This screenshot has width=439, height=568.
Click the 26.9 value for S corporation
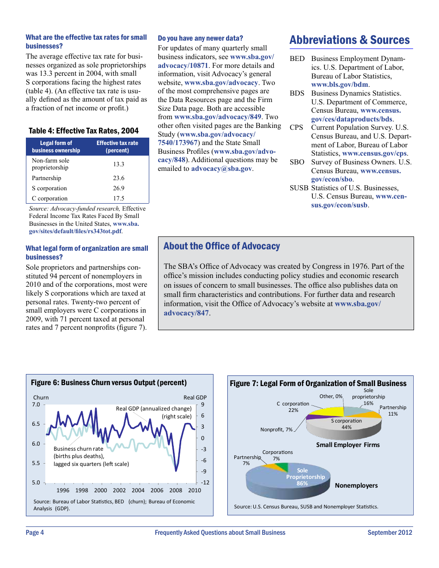point(119,188)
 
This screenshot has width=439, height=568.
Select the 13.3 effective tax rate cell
point(119,164)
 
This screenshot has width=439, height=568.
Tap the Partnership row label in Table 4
point(46,178)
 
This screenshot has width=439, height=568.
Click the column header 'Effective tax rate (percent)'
point(117,147)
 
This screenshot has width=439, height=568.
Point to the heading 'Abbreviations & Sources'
point(349,40)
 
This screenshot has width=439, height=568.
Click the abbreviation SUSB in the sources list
point(299,188)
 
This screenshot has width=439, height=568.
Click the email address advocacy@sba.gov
point(221,169)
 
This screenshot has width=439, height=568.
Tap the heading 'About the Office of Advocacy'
point(222,246)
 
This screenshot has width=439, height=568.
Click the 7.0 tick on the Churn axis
point(36,405)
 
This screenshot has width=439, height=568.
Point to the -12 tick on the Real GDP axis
point(205,483)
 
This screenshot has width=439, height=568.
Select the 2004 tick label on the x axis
point(138,490)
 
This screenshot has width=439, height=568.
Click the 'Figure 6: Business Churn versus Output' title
point(109,383)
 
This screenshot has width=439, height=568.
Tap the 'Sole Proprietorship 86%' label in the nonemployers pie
point(305,477)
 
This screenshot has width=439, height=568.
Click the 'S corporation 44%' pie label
point(346,424)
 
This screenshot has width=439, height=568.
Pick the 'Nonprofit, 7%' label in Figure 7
point(276,430)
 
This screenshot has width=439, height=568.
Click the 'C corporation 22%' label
point(293,407)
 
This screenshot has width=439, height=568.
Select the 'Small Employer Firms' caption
point(348,445)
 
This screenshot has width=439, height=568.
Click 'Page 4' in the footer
point(35,532)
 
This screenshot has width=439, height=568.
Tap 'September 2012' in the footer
point(390,532)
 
